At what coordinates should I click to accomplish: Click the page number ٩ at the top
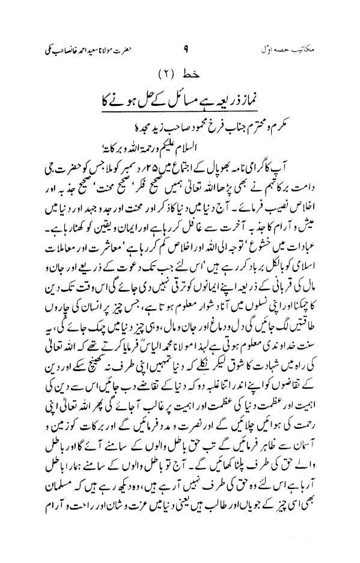click(184, 46)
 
